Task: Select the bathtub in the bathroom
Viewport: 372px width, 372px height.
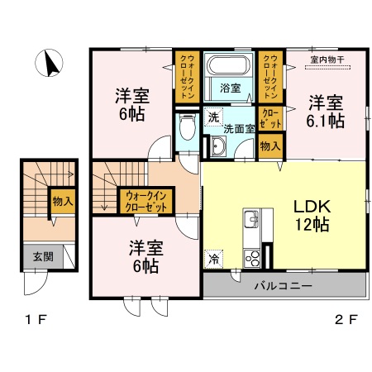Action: (231, 67)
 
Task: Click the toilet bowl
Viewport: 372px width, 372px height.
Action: (187, 128)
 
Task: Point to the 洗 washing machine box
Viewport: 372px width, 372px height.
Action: (213, 117)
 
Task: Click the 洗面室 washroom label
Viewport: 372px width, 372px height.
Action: (241, 129)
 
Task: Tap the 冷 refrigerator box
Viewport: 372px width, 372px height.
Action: (214, 258)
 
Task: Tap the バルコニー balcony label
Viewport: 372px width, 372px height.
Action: (283, 286)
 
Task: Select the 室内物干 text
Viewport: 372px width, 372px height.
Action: (328, 59)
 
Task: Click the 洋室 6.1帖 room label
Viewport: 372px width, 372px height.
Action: (327, 111)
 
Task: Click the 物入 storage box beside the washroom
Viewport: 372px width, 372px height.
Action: (269, 146)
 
